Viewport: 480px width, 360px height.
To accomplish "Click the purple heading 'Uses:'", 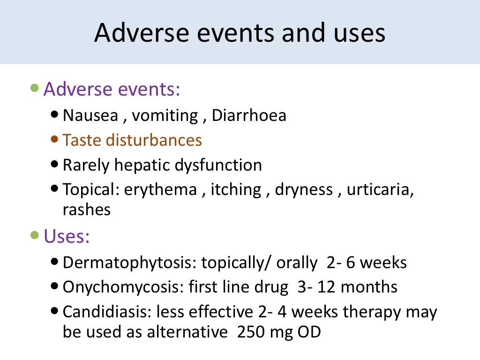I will pos(67,236).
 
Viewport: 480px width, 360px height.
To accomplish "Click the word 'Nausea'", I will pos(90,115).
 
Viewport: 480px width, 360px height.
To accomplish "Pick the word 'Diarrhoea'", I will pos(249,115).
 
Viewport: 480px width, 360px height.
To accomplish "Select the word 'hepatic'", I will pos(144,165).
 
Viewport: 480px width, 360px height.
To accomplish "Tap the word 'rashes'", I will pos(87,210).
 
